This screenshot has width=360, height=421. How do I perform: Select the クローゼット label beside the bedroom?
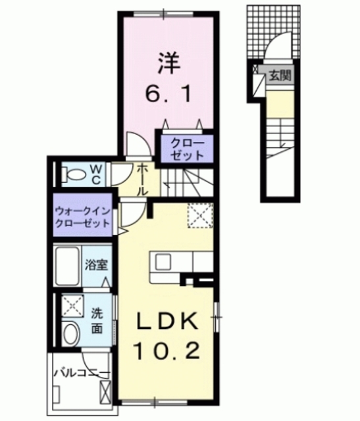[187, 148]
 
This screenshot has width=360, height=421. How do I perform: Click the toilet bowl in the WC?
[75, 174]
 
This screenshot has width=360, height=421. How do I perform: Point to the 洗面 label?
[97, 320]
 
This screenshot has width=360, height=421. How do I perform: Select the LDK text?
[167, 322]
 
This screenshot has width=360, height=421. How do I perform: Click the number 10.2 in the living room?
[167, 352]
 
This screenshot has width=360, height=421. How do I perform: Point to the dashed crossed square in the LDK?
[197, 216]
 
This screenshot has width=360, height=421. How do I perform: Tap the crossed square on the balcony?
[105, 391]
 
